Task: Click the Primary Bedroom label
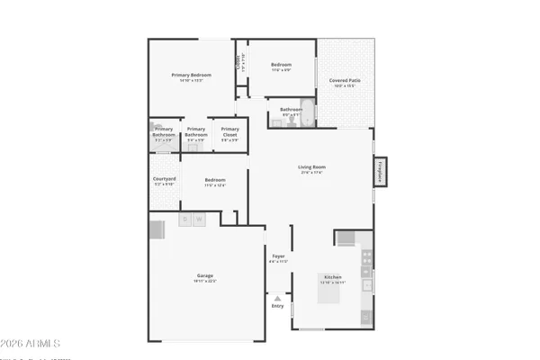point(191,75)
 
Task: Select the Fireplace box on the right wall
point(381,171)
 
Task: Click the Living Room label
point(311,166)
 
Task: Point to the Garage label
point(204,275)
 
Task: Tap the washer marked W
point(199,219)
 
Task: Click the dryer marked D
point(185,219)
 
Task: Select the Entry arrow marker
point(277,298)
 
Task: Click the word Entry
point(277,306)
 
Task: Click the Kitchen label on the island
point(333,277)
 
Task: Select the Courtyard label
point(164,179)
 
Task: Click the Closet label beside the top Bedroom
point(239,63)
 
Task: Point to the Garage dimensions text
point(204,282)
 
